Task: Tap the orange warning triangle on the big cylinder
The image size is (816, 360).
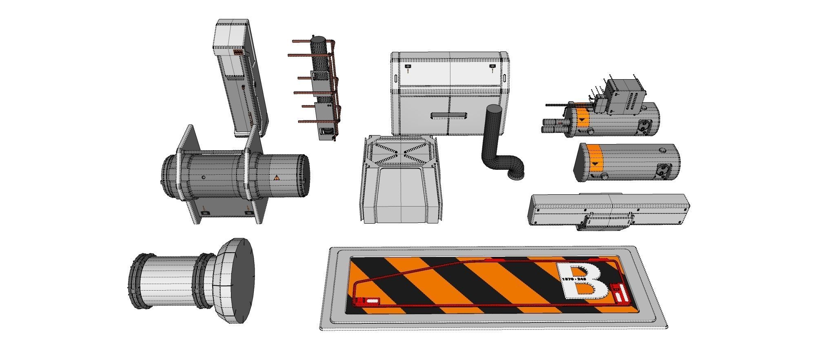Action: (277, 178)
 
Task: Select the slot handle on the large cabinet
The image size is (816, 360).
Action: (449, 116)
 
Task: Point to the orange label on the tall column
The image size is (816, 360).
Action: (238, 53)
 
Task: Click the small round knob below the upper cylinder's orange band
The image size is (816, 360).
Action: (590, 131)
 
